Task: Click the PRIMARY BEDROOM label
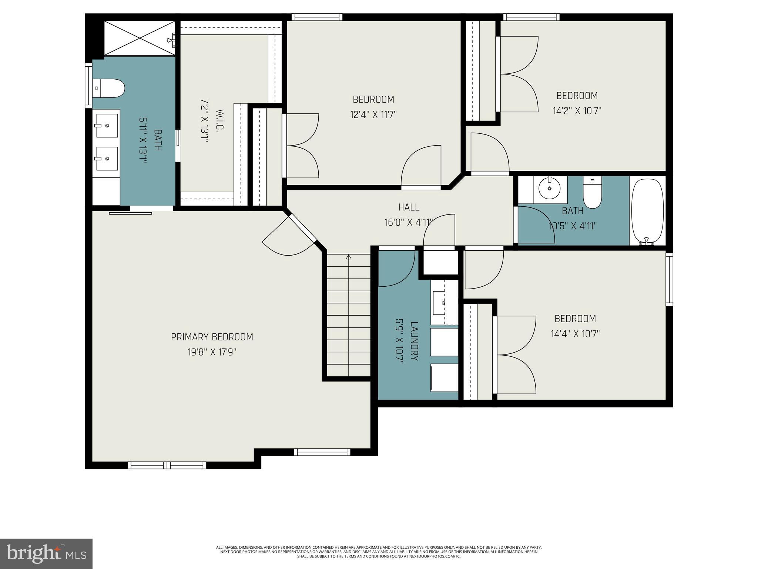[212, 337]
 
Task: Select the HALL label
[409, 207]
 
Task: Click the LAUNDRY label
[414, 341]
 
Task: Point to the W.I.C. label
[219, 119]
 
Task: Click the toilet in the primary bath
[108, 88]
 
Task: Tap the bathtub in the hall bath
[647, 211]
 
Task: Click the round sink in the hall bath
[550, 188]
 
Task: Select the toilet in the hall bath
[592, 193]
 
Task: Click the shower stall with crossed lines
[140, 38]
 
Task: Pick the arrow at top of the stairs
[348, 257]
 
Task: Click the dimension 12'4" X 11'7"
[373, 114]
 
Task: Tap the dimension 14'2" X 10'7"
[577, 111]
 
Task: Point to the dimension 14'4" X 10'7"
[575, 334]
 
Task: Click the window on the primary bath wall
[88, 86]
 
